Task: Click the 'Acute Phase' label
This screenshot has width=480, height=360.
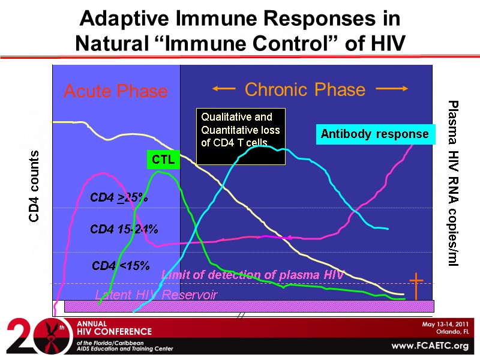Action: point(115,91)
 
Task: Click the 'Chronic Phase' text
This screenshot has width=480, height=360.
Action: point(305,89)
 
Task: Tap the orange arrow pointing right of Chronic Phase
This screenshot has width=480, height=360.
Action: point(392,89)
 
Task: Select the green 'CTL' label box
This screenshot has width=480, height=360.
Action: point(163,160)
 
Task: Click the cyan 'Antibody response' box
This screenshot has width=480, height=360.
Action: point(374,134)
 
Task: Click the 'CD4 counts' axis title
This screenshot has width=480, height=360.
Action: point(35,186)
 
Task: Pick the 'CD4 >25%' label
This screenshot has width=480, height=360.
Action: point(119,197)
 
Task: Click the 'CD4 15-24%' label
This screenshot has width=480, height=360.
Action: point(124,229)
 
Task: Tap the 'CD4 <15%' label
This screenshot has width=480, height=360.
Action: point(120,265)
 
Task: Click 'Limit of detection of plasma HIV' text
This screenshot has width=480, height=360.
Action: point(253,275)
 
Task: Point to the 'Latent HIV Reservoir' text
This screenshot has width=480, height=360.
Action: point(157,295)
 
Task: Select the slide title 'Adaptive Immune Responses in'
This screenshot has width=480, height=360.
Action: point(240,18)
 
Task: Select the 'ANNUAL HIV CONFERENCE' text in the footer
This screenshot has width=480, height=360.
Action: point(114,328)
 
